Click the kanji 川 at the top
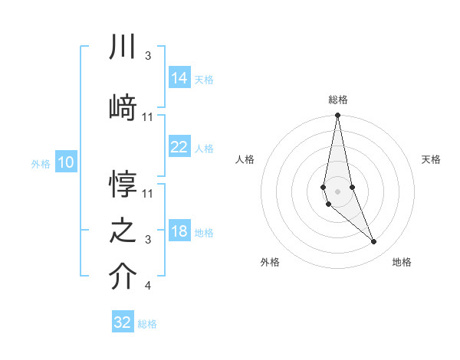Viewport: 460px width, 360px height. (x=123, y=48)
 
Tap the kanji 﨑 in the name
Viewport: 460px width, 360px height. (x=123, y=108)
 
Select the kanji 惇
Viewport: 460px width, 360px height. (x=123, y=185)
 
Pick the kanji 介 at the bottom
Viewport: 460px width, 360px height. (x=123, y=277)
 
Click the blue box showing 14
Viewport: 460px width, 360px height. (x=179, y=78)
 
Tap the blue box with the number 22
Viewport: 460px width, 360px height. (x=179, y=147)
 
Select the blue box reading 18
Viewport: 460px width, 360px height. (x=179, y=232)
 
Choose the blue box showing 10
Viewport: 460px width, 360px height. (x=66, y=162)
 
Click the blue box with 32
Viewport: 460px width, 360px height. (x=123, y=322)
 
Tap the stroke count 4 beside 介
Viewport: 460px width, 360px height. (x=147, y=286)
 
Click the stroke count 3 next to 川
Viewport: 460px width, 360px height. (x=147, y=56)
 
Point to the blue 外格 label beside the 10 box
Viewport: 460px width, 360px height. (x=41, y=163)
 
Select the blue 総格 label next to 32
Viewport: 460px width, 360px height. (x=147, y=324)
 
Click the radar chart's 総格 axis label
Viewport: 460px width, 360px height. (x=337, y=100)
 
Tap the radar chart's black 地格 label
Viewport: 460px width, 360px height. (x=402, y=262)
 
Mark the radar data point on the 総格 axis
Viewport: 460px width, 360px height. (x=337, y=116)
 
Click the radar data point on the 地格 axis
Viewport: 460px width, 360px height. (x=374, y=242)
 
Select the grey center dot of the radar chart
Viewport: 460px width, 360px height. (x=337, y=189)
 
